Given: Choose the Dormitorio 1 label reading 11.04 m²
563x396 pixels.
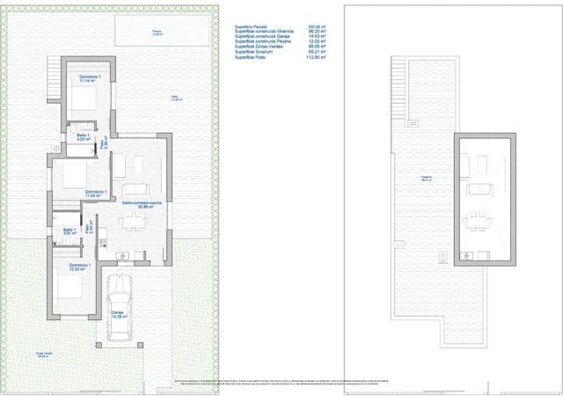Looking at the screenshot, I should (96, 193).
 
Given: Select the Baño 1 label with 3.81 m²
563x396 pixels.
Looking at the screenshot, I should (69, 232).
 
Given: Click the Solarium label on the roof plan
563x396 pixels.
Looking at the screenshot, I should (427, 179).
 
